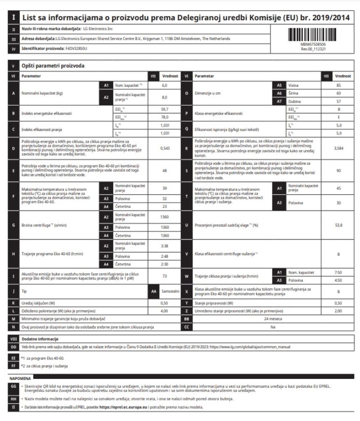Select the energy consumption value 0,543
[x=165, y=148]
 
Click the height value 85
[x=339, y=85]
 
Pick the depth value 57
[x=339, y=102]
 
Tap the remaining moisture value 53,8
[x=339, y=225]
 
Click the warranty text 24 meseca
[x=273, y=320]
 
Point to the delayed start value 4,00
[x=165, y=311]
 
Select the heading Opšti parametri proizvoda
[x=47, y=66]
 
